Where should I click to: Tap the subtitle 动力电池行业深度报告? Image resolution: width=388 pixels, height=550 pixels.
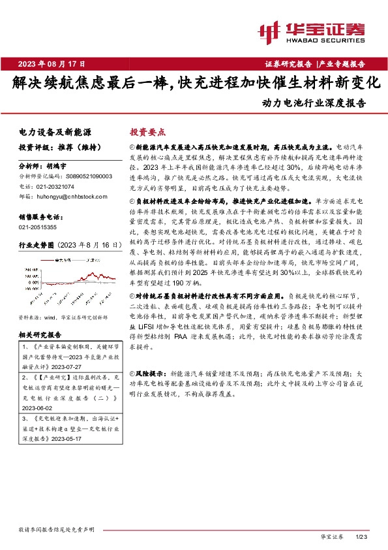pyautogui.click(x=314, y=103)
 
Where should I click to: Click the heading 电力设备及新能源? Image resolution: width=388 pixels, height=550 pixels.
pyautogui.click(x=55, y=132)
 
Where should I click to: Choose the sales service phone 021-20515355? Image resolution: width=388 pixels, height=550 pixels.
pyautogui.click(x=37, y=226)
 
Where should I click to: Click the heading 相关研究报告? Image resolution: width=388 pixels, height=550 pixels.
pyautogui.click(x=40, y=334)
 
